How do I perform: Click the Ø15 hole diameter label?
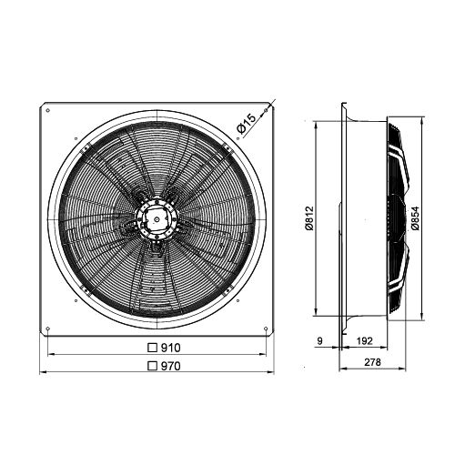click(x=247, y=124)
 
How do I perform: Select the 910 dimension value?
click(x=170, y=348)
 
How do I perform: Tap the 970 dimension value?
click(x=170, y=366)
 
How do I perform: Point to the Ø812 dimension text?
click(x=309, y=218)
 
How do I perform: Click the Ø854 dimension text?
click(x=415, y=218)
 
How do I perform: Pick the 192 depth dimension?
click(x=364, y=341)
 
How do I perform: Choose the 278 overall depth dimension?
click(x=372, y=362)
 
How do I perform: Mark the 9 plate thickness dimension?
click(x=319, y=341)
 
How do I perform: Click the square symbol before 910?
click(x=152, y=348)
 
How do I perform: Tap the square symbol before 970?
click(x=152, y=366)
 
